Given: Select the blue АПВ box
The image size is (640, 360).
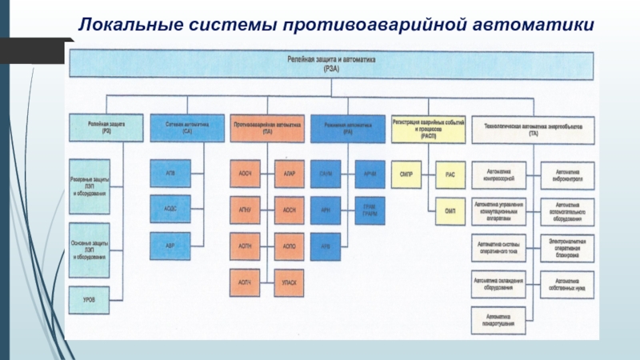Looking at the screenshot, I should [x=170, y=174].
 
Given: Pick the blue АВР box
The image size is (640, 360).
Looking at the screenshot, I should [x=170, y=246].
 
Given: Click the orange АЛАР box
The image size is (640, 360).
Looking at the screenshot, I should [x=289, y=174].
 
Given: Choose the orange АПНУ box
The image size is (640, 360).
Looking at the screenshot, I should [x=246, y=210].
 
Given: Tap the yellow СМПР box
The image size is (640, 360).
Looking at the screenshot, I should [x=406, y=174].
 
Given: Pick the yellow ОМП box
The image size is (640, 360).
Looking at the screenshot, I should [x=450, y=210].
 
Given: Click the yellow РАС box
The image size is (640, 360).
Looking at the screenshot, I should [x=450, y=174].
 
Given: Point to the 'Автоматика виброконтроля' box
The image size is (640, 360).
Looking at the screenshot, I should [x=567, y=174].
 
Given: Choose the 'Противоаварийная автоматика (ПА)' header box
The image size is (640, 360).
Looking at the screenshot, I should [x=267, y=127].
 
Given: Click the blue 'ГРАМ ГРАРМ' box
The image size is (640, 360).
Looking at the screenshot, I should [x=369, y=210].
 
